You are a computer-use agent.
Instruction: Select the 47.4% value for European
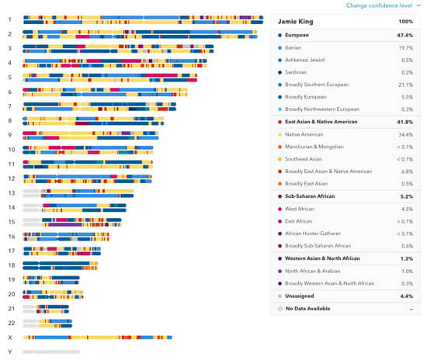point(404,35)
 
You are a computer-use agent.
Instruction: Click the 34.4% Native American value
point(404,134)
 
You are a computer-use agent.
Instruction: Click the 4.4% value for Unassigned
point(405,296)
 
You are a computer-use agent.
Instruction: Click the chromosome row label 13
point(11,192)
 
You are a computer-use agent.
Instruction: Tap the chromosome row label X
point(9,337)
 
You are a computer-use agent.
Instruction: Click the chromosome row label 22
point(11,322)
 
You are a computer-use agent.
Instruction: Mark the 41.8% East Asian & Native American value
point(404,122)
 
